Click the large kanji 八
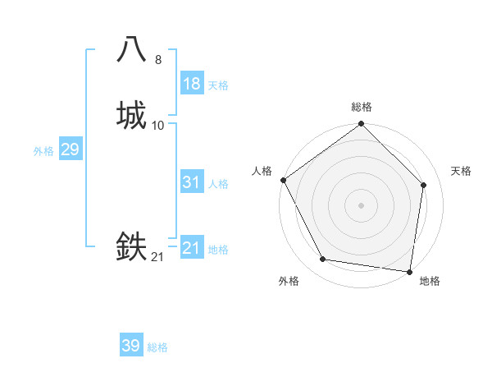[132, 49]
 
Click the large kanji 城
[132, 115]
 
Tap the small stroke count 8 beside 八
[158, 60]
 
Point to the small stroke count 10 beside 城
[158, 126]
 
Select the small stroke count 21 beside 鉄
[158, 257]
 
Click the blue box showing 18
[192, 84]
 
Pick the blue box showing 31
[192, 182]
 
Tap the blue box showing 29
[70, 149]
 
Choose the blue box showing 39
[131, 346]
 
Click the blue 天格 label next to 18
[218, 85]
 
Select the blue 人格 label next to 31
[218, 184]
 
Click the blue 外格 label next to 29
[43, 151]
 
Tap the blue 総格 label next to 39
[157, 347]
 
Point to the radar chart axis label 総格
[362, 108]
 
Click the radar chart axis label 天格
[461, 171]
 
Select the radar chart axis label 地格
[430, 281]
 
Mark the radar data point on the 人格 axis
[283, 180]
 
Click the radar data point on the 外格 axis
[323, 260]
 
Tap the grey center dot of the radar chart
[362, 205]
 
